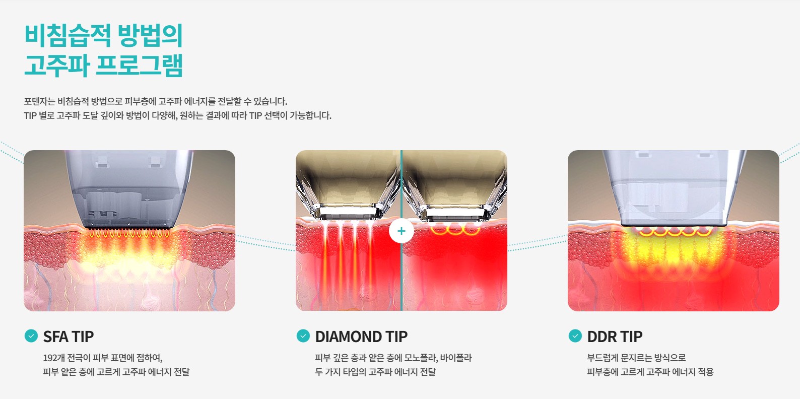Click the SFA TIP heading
(68, 337)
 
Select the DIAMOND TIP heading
(361, 337)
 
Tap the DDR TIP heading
(615, 337)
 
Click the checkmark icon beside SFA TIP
(31, 336)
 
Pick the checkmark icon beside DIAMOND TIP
(303, 336)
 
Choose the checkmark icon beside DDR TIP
(575, 336)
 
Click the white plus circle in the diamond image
(402, 231)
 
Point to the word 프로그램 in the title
(139, 65)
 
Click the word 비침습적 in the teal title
(68, 35)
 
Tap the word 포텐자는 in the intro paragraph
(39, 101)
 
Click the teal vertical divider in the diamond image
(402, 230)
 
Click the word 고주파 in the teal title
(56, 65)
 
